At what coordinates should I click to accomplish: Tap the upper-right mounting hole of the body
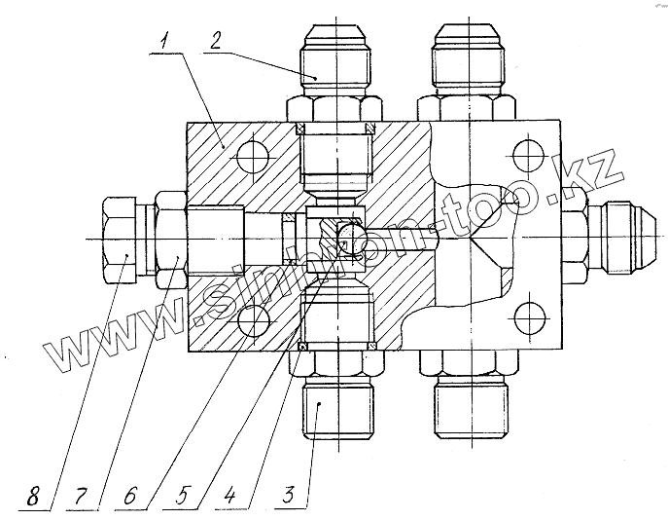click(x=526, y=157)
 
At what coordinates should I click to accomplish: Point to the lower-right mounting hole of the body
click(x=526, y=320)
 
